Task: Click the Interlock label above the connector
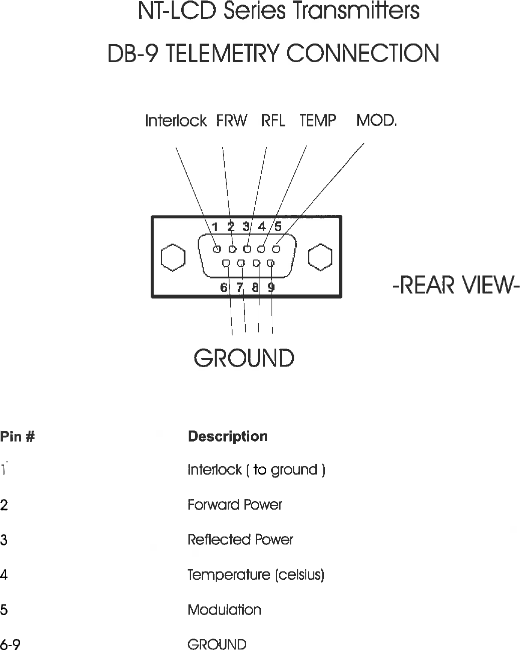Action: click(176, 121)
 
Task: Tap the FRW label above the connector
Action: click(232, 121)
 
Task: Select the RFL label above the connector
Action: click(273, 121)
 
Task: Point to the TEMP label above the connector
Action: click(318, 121)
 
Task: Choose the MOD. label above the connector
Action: click(376, 121)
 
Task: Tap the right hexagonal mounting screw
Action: click(320, 257)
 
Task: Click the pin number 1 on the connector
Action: click(214, 227)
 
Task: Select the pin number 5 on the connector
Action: click(278, 227)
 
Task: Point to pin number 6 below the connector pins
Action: click(224, 287)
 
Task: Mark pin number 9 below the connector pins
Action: click(271, 287)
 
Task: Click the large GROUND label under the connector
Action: click(244, 358)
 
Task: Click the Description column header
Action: click(228, 436)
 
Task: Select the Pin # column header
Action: click(18, 437)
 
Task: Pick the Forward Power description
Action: click(235, 505)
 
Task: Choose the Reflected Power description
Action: click(240, 540)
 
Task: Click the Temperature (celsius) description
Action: click(256, 575)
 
